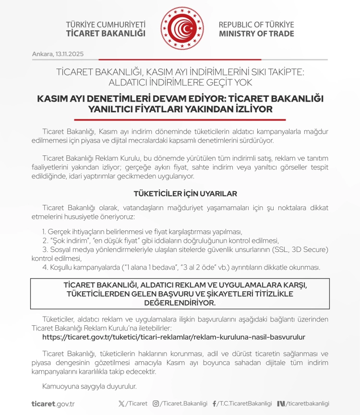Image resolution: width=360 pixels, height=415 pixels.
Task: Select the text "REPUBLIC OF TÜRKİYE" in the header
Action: [x=256, y=24]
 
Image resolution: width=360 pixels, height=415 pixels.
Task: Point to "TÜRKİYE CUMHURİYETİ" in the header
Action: [x=106, y=24]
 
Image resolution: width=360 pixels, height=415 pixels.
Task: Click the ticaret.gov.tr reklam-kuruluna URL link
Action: [x=174, y=337]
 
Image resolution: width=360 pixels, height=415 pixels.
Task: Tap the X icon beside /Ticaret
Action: [x=121, y=403]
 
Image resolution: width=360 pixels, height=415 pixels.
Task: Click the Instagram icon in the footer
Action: [x=156, y=403]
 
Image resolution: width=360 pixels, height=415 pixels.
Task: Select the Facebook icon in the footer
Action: [x=214, y=403]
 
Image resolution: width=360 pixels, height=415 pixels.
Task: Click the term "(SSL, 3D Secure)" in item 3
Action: [x=300, y=249]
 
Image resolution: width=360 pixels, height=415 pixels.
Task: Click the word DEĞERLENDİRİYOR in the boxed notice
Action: [x=180, y=303]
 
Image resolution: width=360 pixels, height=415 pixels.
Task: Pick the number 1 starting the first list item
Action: [x=44, y=231]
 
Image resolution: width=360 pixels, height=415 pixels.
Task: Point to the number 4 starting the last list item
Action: [x=45, y=267]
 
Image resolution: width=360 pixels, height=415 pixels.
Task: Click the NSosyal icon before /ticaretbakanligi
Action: [x=281, y=403]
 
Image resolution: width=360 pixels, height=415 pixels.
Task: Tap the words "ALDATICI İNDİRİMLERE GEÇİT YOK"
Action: [x=180, y=82]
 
